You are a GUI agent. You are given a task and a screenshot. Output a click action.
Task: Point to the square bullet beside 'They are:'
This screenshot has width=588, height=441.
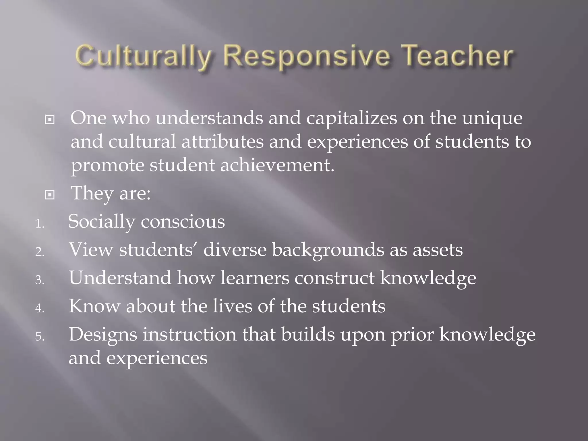(50, 195)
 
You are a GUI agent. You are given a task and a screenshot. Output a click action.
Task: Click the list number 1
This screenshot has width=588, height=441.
(39, 224)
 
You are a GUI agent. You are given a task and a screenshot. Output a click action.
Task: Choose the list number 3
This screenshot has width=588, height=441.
(40, 280)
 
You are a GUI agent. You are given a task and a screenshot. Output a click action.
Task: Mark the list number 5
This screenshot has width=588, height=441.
(40, 336)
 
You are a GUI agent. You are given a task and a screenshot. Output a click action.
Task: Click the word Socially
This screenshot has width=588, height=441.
(101, 222)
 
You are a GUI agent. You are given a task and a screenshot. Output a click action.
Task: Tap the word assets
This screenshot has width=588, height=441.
(438, 250)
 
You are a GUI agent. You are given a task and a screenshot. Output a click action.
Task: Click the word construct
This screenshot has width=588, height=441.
(334, 278)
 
